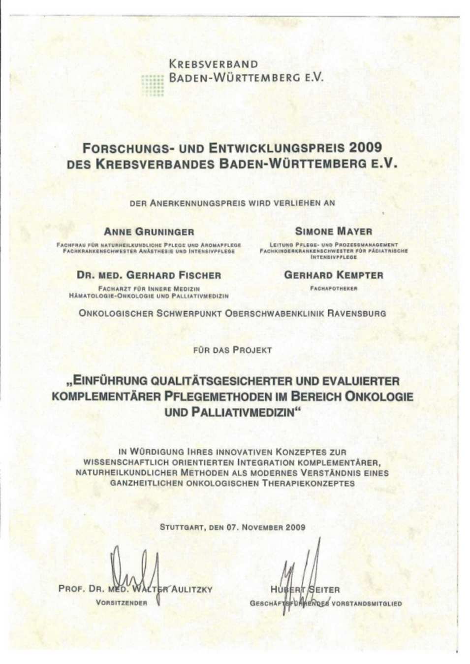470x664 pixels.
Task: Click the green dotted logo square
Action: (x=152, y=85)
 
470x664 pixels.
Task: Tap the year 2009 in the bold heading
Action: (x=365, y=148)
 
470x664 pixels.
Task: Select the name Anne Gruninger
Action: (x=149, y=232)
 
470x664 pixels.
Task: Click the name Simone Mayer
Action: (x=333, y=231)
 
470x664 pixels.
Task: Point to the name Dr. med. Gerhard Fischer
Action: (x=149, y=275)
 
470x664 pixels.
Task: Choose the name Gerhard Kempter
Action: (x=333, y=275)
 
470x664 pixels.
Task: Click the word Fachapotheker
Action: (x=333, y=288)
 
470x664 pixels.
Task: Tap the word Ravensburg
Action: (x=356, y=313)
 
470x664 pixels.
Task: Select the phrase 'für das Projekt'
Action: (x=233, y=350)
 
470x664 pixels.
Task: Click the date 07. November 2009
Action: (x=266, y=527)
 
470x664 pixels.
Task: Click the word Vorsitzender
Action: (x=122, y=603)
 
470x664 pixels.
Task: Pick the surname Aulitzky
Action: (x=192, y=589)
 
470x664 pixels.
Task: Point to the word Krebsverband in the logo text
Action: (x=213, y=64)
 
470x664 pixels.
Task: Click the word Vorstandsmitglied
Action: (x=367, y=603)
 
